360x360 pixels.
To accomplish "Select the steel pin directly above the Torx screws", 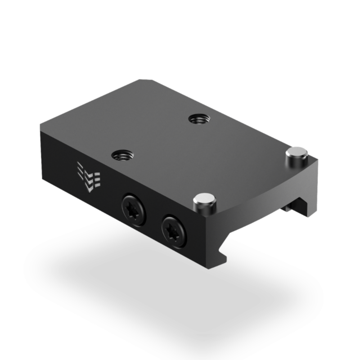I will pos(203,202).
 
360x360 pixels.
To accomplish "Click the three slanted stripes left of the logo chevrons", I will pos(81,171).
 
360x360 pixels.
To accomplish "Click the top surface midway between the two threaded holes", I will pos(158,137).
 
